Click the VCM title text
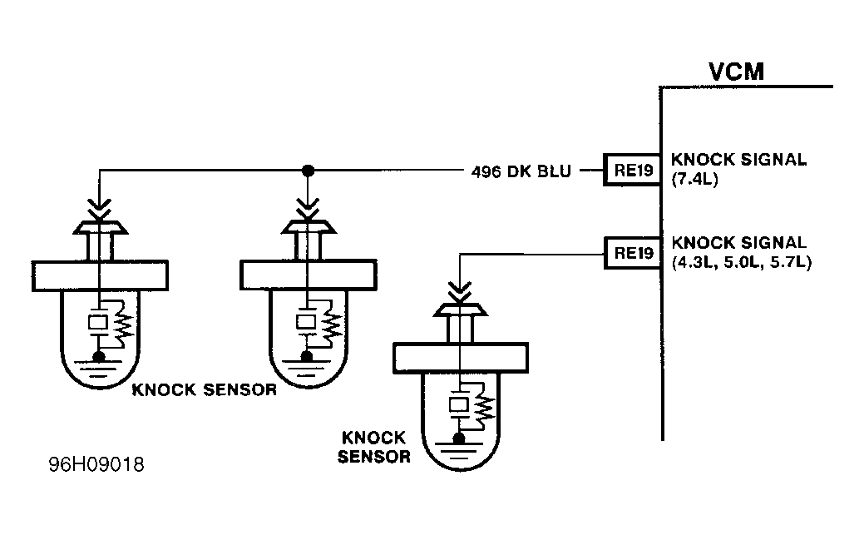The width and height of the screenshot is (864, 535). pyautogui.click(x=736, y=72)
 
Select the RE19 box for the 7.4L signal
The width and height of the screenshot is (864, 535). pyautogui.click(x=631, y=171)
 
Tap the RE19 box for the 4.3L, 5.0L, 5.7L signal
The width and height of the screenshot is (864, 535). pyautogui.click(x=631, y=253)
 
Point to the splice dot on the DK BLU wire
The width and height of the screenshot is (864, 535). pyautogui.click(x=307, y=171)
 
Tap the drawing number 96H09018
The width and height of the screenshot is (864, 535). pyautogui.click(x=96, y=464)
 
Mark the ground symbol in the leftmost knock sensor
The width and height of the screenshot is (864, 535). pyautogui.click(x=98, y=359)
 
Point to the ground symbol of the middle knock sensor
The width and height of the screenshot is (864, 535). pyautogui.click(x=307, y=359)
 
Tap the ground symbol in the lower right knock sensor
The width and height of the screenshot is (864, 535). pyautogui.click(x=458, y=442)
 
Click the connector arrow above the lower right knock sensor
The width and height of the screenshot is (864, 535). pyautogui.click(x=458, y=290)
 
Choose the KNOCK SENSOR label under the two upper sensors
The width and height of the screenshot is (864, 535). pyautogui.click(x=204, y=390)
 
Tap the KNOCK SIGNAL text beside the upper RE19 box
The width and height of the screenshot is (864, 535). pyautogui.click(x=738, y=161)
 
